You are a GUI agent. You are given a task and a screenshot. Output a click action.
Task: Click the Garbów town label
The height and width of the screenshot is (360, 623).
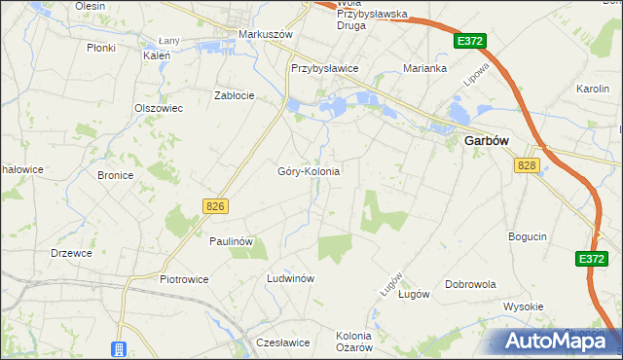pos(483,140)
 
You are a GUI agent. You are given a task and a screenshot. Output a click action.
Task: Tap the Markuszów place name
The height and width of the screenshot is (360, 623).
pos(266,34)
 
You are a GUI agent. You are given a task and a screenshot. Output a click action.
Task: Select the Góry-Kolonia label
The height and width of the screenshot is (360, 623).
pos(309,171)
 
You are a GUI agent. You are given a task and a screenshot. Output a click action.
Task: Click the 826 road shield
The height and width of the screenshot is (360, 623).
pos(216,205)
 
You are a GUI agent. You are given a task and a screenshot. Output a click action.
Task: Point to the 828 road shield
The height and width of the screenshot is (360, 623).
pos(528,165)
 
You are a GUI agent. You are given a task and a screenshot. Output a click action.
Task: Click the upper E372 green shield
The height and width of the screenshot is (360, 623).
pos(469,41)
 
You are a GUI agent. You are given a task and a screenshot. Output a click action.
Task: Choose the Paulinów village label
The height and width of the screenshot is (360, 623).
pos(232,240)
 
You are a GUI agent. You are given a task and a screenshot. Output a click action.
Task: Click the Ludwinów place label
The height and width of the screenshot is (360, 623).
pos(290,278)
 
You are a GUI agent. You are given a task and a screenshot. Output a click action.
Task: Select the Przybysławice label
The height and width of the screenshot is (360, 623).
pos(325,69)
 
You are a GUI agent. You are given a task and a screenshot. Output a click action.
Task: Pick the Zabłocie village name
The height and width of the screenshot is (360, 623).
pos(235,95)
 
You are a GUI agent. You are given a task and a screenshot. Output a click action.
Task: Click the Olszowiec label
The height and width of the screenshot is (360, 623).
pos(159,108)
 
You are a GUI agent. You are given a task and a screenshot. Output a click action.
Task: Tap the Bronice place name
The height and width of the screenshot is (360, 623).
pos(115,175)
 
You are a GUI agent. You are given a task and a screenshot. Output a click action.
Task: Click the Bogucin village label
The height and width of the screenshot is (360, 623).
pos(528,236)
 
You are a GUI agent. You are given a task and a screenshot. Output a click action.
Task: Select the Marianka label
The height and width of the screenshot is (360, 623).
pos(425,69)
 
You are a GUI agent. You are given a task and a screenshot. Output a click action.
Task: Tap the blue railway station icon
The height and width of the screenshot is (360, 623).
pos(119,349)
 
